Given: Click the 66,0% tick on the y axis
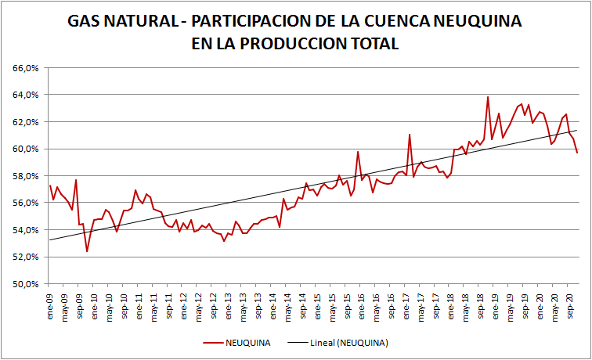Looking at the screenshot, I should coord(27,68).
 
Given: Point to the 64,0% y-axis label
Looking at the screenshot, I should coord(27,95).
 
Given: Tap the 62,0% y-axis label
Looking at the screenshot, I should coord(27,122).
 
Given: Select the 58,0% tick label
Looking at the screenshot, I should coord(27,176).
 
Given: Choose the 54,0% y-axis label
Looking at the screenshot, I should coord(27,230).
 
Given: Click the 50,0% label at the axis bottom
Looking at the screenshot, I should coord(27,284).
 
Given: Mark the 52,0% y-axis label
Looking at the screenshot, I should coord(27,257).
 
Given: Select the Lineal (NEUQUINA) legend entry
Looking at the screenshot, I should coord(345,343).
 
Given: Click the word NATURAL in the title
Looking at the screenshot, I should coord(134,21).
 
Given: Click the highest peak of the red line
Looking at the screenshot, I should coord(488,97).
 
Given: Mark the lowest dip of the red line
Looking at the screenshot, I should coord(87,251).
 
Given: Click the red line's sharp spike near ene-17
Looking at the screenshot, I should coord(410,135).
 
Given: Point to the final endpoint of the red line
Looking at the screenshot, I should coord(577,152).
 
